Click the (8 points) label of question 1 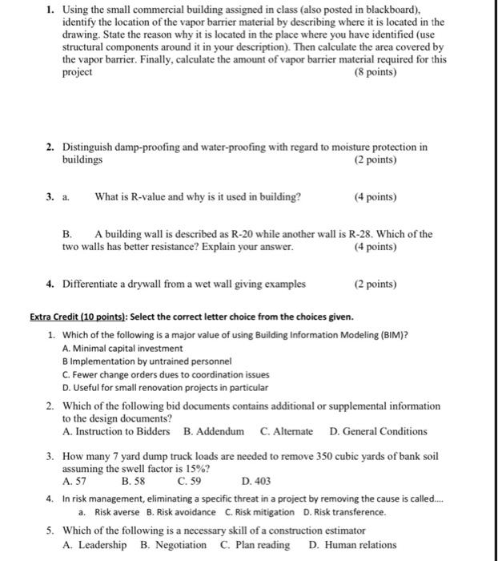pyautogui.click(x=375, y=72)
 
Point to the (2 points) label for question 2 pyautogui.click(x=375, y=159)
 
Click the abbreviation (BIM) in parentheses pyautogui.click(x=390, y=334)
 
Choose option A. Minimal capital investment pyautogui.click(x=122, y=349)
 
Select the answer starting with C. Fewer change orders pyautogui.click(x=165, y=374)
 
